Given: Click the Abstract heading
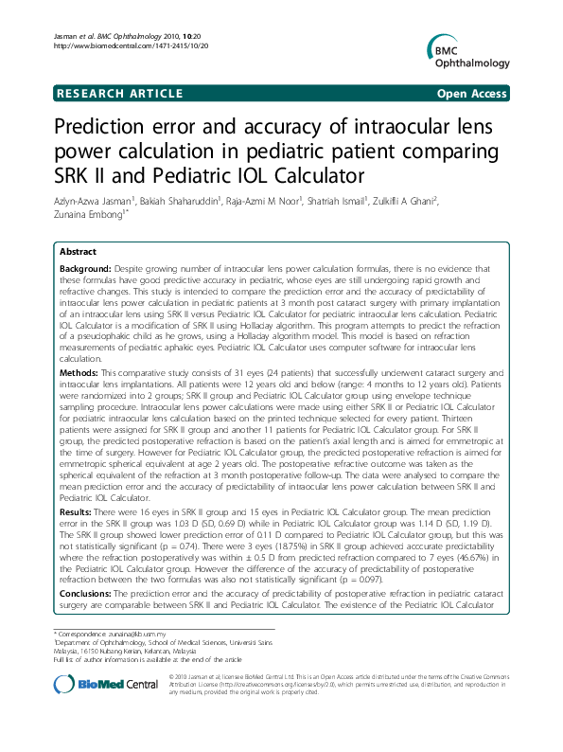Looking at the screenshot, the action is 78,252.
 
